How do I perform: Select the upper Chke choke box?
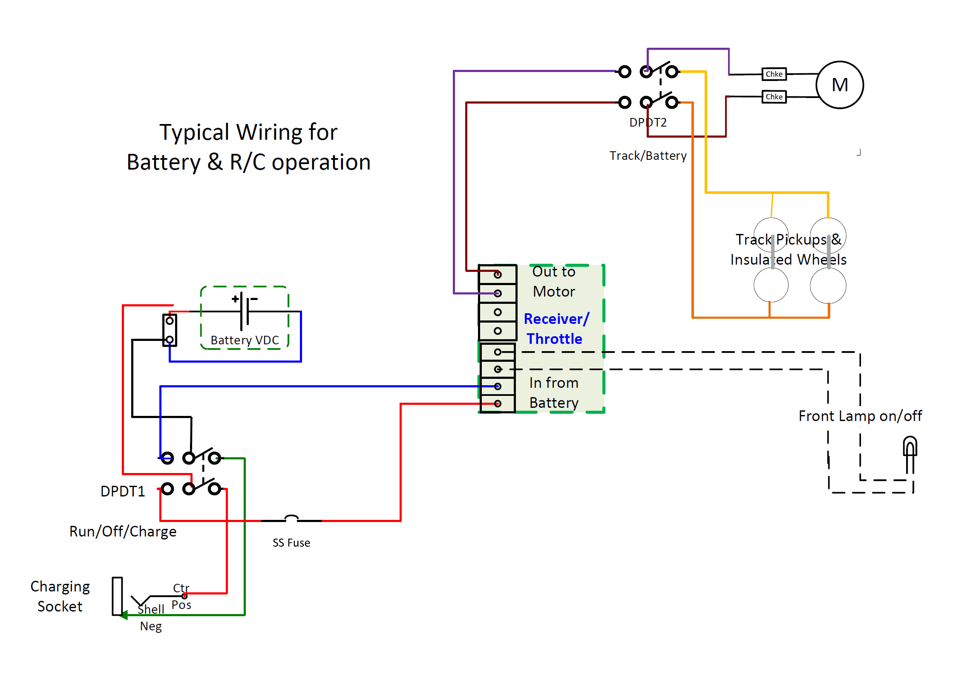774,74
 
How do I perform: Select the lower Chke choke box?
774,97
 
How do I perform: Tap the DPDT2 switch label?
648,123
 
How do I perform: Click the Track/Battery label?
648,156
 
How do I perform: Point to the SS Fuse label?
291,543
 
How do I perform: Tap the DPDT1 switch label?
123,491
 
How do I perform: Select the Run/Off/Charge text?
123,532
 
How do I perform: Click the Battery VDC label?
245,340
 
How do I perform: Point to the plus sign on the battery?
235,299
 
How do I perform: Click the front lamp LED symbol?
910,454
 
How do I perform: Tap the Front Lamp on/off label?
860,416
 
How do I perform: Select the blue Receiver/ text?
556,319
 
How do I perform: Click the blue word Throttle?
554,339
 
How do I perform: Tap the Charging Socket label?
60,597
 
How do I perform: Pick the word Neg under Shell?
151,626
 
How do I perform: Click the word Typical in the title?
195,133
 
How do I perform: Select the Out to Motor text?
554,281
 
